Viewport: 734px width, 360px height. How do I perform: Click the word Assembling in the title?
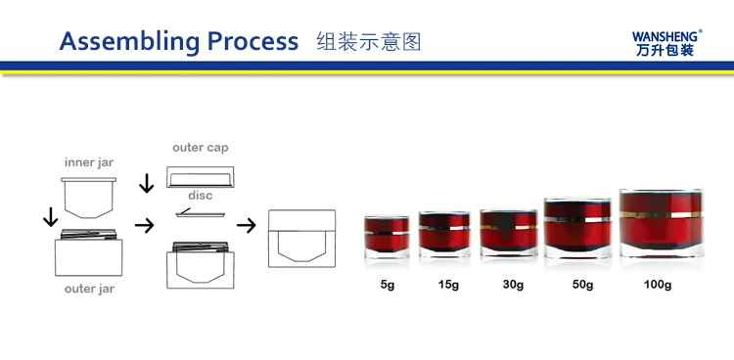click(x=129, y=43)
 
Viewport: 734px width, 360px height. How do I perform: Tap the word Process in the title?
click(x=252, y=41)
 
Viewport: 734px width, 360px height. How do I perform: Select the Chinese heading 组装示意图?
click(x=369, y=42)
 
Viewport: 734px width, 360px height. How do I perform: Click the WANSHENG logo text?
click(x=666, y=36)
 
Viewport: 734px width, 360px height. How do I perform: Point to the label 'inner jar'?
click(x=89, y=163)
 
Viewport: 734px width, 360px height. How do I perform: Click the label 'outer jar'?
click(x=89, y=289)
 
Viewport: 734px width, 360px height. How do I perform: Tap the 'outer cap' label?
click(x=201, y=148)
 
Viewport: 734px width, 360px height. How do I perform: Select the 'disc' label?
click(x=201, y=196)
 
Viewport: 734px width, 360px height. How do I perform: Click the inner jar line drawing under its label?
click(x=88, y=198)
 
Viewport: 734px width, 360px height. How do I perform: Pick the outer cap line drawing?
click(x=201, y=177)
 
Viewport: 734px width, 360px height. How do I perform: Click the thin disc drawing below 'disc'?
click(x=201, y=214)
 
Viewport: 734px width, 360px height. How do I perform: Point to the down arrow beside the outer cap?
click(x=147, y=183)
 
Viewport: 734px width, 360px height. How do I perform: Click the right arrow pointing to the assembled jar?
click(x=247, y=226)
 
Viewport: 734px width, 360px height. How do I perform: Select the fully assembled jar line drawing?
click(x=302, y=239)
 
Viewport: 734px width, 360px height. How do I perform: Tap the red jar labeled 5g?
click(x=388, y=238)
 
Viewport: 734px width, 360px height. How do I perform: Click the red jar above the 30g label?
click(x=509, y=233)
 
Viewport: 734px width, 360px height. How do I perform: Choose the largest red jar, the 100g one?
click(x=662, y=223)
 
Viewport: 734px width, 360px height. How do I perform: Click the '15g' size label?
click(x=448, y=285)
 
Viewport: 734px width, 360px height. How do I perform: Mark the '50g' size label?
click(x=583, y=285)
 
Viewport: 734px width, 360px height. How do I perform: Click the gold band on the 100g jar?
click(x=662, y=214)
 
